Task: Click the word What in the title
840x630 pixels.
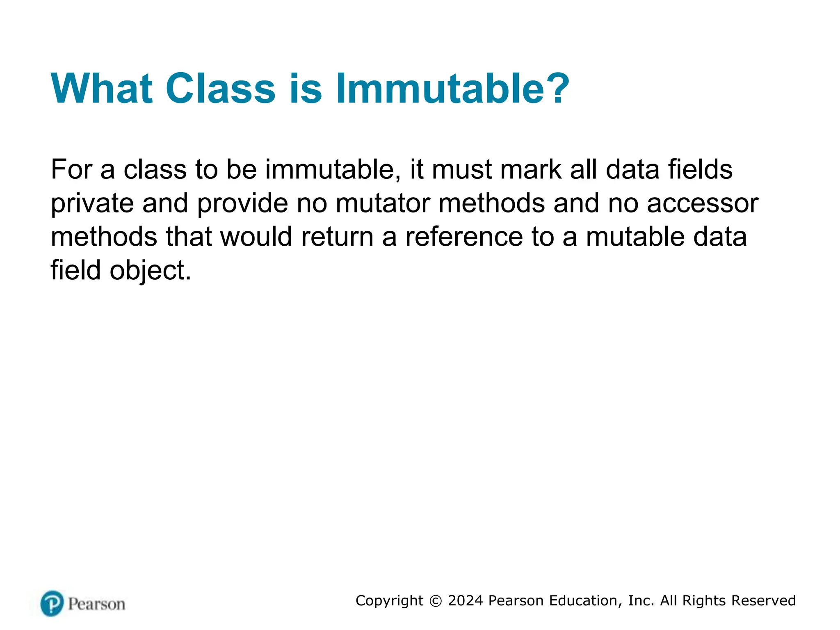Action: [x=102, y=89]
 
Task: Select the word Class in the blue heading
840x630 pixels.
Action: [x=220, y=89]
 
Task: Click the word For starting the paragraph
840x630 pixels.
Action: [x=71, y=169]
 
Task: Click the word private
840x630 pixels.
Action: [x=92, y=203]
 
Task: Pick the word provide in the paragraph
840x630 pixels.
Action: [x=242, y=203]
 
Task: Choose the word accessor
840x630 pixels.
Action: [x=702, y=203]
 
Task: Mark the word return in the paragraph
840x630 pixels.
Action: [x=337, y=237]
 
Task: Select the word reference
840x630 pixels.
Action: [x=464, y=237]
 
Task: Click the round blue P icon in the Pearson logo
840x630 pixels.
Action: [x=52, y=603]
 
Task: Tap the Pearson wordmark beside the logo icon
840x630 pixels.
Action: [x=97, y=604]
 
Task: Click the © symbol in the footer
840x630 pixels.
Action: [x=436, y=601]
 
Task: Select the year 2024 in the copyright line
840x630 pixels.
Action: [x=465, y=600]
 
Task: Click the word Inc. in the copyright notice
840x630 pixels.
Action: [x=641, y=600]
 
